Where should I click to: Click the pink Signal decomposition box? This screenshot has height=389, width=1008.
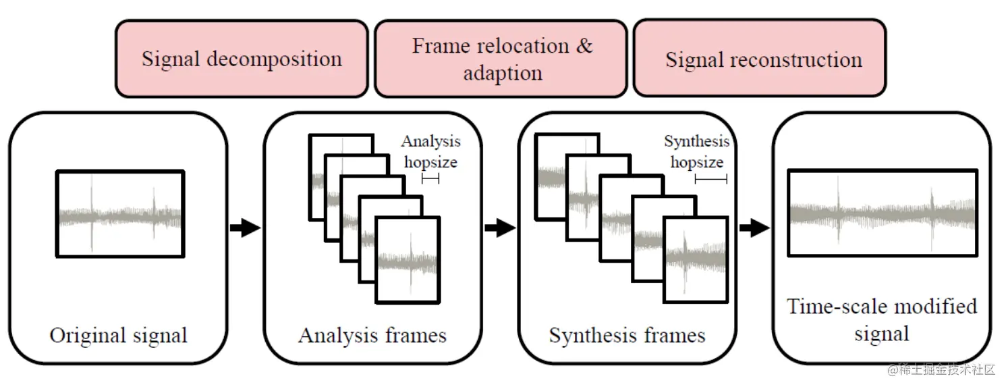pos(242,59)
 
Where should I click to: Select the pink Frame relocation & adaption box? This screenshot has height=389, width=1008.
pos(502,59)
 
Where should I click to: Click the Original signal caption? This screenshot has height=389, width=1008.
pos(118,336)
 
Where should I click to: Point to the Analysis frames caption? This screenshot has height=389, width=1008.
pos(372,336)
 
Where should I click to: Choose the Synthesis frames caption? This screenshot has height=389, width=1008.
pos(627,336)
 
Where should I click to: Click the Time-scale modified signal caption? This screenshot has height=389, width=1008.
pos(881,319)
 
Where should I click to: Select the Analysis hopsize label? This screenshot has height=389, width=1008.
pos(430,151)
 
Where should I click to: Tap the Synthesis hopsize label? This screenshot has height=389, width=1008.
pos(697,151)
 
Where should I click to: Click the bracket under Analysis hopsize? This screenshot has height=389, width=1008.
pos(430,178)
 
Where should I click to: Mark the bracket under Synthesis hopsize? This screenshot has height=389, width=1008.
pos(710,179)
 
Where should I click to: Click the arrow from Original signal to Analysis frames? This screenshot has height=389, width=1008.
pos(245,228)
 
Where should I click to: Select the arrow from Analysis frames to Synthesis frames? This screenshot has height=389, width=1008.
pos(499,228)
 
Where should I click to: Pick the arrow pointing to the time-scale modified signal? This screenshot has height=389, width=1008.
pos(754,228)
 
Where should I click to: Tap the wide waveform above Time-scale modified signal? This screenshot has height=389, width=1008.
pos(882,213)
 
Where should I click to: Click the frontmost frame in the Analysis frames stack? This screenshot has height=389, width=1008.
pos(408,261)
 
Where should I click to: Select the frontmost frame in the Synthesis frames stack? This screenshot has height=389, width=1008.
pos(696,259)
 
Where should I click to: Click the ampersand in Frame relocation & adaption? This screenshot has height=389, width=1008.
pos(584,46)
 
